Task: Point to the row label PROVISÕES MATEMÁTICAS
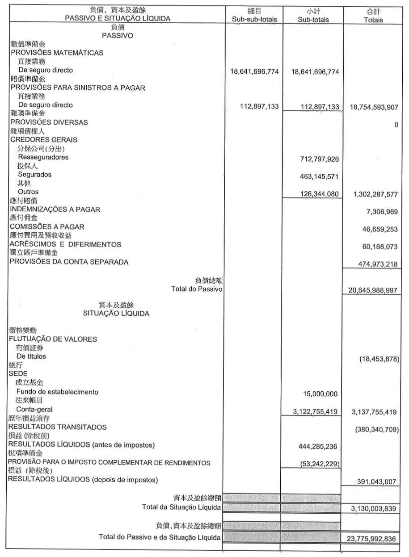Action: coord(57,53)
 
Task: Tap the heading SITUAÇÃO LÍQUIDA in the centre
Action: coord(116,313)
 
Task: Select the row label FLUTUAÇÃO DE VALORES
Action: coord(53,339)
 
